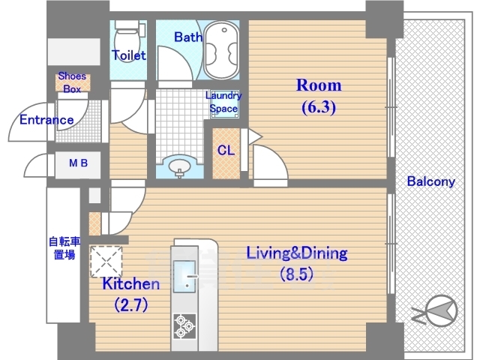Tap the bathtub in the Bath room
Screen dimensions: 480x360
coord(221,50)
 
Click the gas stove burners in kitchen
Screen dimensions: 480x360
coord(184,326)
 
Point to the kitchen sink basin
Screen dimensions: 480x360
coord(184,276)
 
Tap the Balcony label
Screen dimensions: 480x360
coord(431,181)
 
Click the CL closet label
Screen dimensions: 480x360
coord(226,150)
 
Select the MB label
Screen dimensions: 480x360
coord(78,163)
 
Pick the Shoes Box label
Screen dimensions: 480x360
coord(72,82)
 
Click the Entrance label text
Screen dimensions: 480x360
coord(46,120)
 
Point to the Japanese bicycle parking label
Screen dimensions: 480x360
coord(64,247)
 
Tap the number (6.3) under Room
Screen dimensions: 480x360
coord(319,107)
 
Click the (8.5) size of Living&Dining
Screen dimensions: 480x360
coord(297,274)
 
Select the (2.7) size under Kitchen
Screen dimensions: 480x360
coord(131,304)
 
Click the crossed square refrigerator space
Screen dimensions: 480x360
coord(106,262)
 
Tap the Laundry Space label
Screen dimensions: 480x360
coord(223,102)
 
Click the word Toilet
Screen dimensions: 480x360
coord(128,55)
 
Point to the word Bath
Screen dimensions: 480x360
coord(188,37)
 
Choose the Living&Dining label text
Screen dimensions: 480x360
coord(297,253)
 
